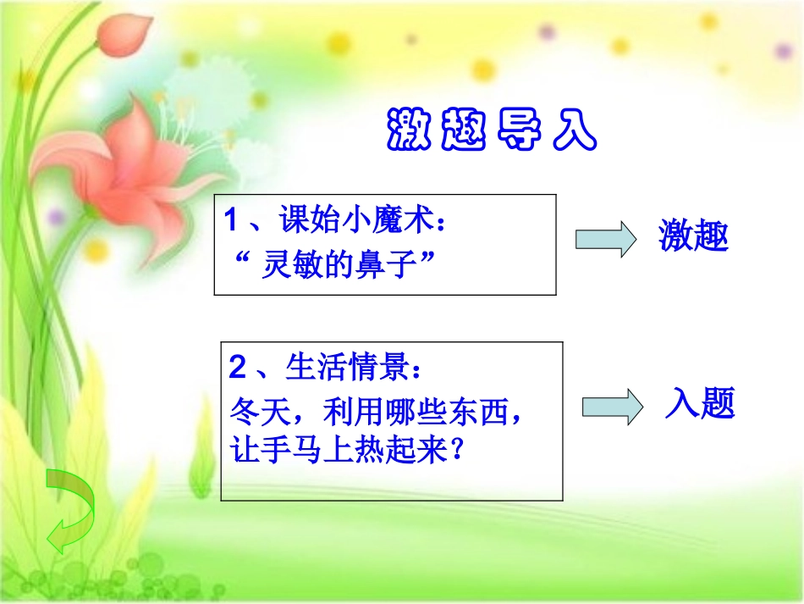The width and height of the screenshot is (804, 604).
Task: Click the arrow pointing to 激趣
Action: [605, 239]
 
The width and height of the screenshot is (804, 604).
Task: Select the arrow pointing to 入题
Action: [612, 407]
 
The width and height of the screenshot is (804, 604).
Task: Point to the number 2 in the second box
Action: [237, 368]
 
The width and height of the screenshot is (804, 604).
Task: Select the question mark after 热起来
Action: [458, 451]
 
